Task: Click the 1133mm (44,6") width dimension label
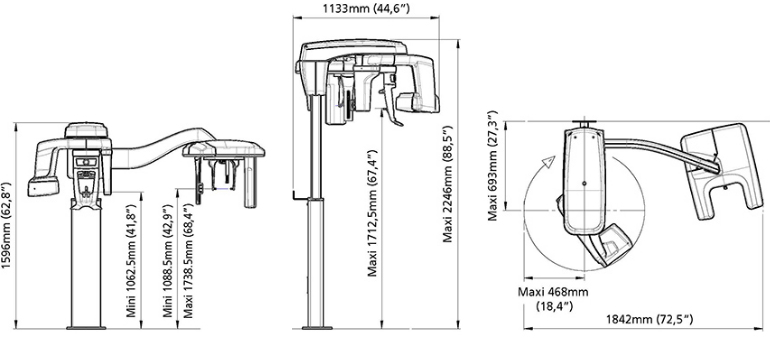(366, 8)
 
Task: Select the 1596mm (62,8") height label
(6, 225)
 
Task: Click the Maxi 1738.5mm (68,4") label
(188, 260)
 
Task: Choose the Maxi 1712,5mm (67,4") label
(373, 213)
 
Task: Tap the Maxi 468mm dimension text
(553, 292)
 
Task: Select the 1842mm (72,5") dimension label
(649, 319)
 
